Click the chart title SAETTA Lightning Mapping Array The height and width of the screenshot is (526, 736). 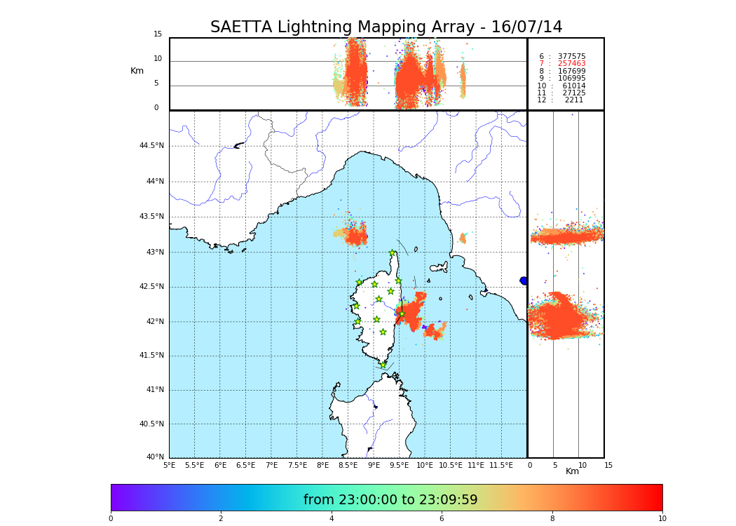pos(386,27)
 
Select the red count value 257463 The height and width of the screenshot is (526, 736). pos(571,64)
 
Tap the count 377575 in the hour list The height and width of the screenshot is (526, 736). pos(571,57)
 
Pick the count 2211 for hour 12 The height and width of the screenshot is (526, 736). pos(573,100)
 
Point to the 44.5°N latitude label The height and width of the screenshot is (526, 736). pos(151,146)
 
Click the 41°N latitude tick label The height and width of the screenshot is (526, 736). pos(154,390)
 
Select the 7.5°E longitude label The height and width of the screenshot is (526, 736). pos(297,465)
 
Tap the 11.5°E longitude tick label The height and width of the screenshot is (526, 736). pos(501,465)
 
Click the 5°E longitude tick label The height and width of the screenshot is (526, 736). pos(169,465)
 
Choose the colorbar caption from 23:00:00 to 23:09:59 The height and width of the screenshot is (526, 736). pos(390,500)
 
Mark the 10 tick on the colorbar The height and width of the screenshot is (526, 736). pos(662,519)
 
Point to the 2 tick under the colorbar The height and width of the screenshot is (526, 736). pos(221,519)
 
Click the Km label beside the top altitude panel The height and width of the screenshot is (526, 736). pos(137,71)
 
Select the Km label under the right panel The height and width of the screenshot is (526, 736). pos(572,471)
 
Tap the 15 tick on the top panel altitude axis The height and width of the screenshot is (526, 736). pos(158,34)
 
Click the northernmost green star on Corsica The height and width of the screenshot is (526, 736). pos(393,253)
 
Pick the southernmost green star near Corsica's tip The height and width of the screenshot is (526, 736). pos(383,365)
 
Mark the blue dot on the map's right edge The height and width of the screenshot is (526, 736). pos(524,281)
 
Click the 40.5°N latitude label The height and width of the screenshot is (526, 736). pos(151,424)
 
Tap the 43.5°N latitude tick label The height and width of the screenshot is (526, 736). pos(151,217)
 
